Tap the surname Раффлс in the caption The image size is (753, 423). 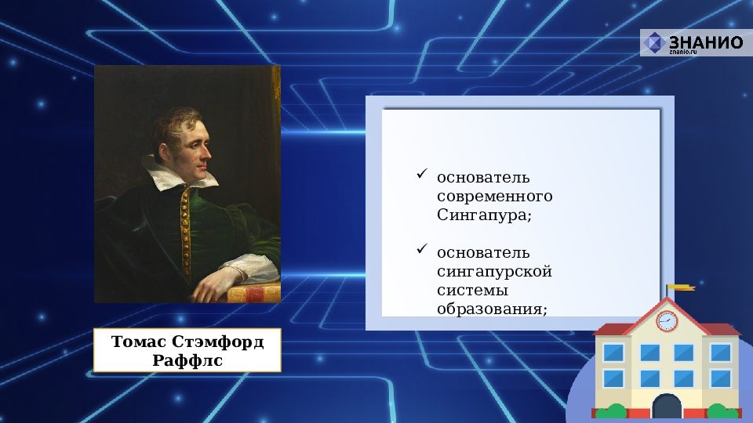tap(187, 360)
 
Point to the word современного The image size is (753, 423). tap(494, 195)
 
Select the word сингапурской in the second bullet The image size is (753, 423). tap(494, 272)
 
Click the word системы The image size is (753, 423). tap(467, 291)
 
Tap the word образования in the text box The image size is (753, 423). tap(491, 309)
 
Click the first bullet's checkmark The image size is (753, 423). tap(421, 173)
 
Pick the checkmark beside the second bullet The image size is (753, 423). tap(421, 250)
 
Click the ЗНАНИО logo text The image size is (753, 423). tap(704, 42)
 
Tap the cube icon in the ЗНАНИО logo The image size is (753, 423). tap(654, 43)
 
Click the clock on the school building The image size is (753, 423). tap(666, 320)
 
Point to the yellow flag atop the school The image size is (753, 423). tap(680, 288)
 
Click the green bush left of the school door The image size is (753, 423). tap(613, 410)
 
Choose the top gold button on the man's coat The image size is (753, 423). tap(185, 193)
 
